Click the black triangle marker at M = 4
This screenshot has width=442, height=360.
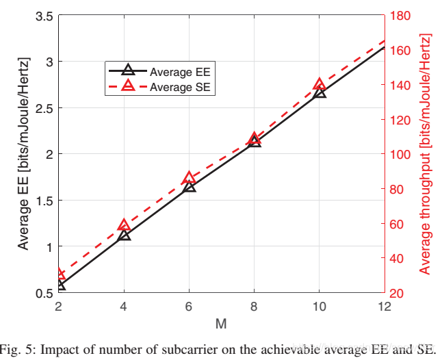[124, 235]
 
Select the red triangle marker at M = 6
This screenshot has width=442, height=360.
[189, 179]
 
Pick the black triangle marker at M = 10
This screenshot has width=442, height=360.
[319, 92]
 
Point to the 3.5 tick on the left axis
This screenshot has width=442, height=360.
[44, 16]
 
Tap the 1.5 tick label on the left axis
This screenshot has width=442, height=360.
[44, 200]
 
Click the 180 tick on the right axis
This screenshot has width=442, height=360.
[400, 16]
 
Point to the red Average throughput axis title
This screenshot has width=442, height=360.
[425, 154]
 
